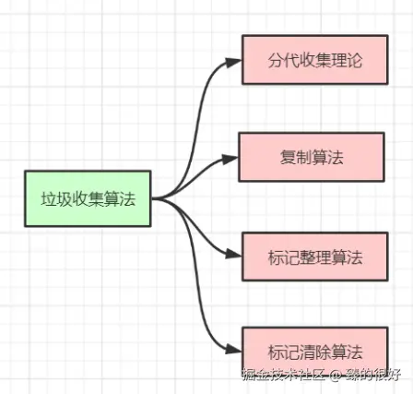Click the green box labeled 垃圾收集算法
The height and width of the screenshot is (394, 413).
[x=88, y=197]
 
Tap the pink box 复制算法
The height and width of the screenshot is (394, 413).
[x=312, y=157]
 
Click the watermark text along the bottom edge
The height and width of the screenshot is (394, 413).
[x=320, y=375]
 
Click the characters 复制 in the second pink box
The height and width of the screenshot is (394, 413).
[x=296, y=157]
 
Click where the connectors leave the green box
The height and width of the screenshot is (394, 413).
[x=156, y=197]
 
